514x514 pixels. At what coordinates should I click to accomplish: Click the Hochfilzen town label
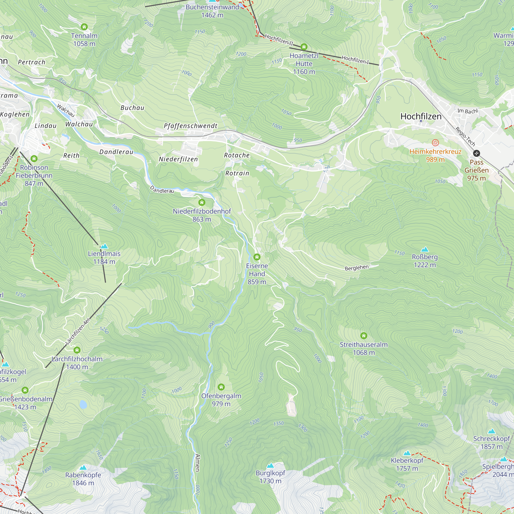click(421, 116)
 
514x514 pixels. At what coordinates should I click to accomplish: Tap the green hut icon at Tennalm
click(84, 27)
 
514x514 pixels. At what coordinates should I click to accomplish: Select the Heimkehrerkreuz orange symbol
click(435, 143)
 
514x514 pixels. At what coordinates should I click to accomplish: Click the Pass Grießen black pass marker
click(476, 153)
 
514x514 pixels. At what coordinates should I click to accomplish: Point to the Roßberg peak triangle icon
click(425, 250)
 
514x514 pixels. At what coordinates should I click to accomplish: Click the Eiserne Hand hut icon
click(257, 257)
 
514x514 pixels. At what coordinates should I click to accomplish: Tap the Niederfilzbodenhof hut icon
click(202, 203)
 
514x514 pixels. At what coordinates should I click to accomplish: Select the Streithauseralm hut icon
click(364, 336)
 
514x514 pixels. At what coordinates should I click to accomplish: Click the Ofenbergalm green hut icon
click(221, 387)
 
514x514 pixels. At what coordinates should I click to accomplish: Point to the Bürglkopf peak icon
click(270, 466)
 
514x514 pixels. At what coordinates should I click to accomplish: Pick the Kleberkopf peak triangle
click(407, 453)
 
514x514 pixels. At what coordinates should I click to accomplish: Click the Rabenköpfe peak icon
click(83, 468)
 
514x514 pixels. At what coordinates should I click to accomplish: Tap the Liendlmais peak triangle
click(104, 246)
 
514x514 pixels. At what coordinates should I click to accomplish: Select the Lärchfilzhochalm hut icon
click(77, 350)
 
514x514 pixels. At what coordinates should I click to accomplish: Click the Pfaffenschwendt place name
click(190, 126)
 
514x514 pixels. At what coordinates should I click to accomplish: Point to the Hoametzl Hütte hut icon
click(304, 47)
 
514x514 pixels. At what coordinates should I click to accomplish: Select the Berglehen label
click(356, 268)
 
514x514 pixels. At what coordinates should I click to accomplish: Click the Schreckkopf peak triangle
click(491, 431)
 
